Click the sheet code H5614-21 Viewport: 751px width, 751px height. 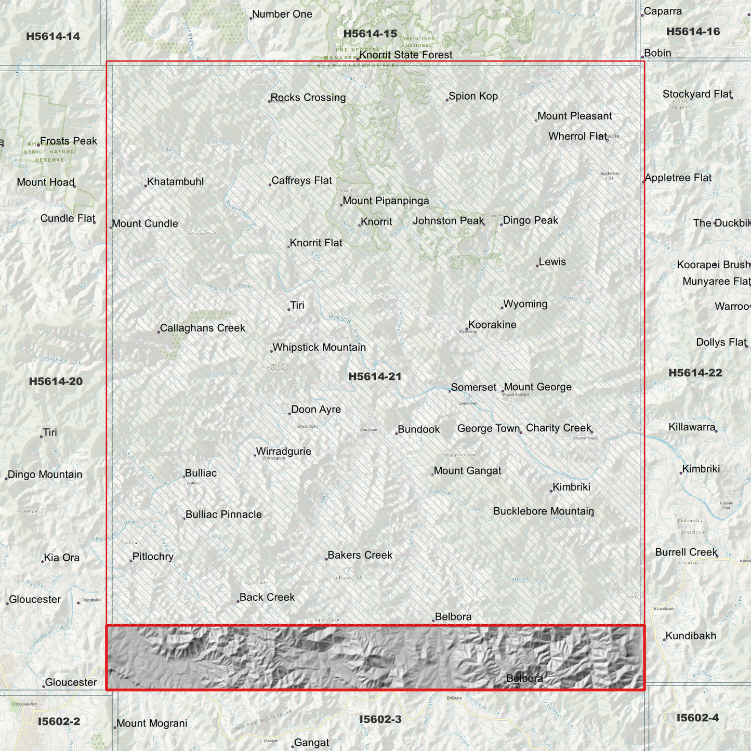[375, 377]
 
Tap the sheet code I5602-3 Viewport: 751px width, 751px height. [380, 719]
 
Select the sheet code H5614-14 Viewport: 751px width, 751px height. [53, 36]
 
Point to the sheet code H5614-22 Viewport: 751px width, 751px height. [695, 373]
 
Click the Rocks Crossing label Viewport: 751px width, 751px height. [308, 98]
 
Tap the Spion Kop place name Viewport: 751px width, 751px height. [473, 96]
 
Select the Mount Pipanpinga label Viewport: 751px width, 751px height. [386, 201]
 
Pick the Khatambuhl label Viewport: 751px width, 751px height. [175, 182]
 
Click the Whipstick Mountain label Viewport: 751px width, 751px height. [319, 348]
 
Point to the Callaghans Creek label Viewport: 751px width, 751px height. [202, 328]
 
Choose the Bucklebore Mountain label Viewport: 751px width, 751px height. [543, 511]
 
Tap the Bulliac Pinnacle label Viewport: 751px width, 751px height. [223, 515]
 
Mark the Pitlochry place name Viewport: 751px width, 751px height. [153, 557]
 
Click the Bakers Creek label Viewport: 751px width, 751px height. [360, 556]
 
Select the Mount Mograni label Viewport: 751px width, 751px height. [152, 723]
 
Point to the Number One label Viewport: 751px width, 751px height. [282, 15]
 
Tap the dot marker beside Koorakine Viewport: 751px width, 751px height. [467, 329]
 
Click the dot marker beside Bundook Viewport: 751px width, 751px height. [397, 433]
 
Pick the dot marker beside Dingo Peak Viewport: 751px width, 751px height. [502, 225]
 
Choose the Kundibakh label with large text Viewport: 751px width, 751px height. [691, 636]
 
